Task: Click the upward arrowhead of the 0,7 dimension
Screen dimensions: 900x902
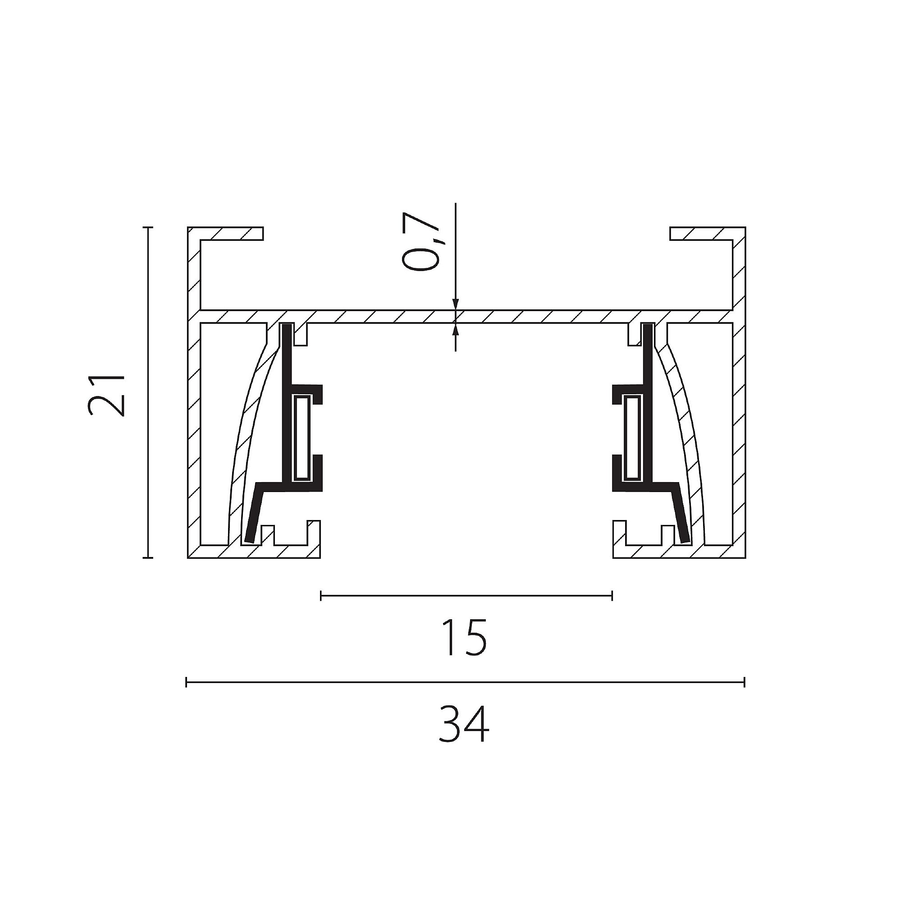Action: [x=456, y=329]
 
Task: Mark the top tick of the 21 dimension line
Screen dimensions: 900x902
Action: [x=148, y=227]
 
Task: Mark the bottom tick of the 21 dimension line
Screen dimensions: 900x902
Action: [x=148, y=557]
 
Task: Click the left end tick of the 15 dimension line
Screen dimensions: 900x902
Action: [x=321, y=595]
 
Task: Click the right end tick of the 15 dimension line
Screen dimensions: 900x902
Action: [x=612, y=595]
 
